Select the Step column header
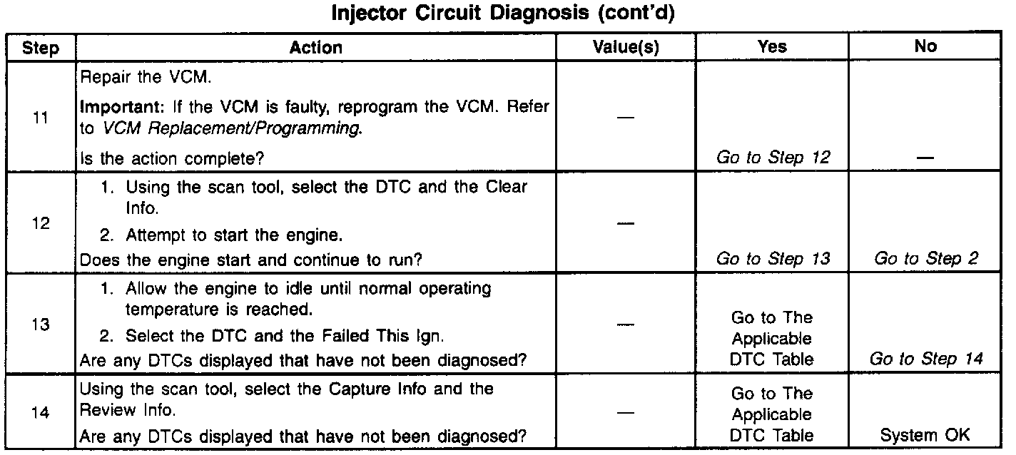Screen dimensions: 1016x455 click(41, 48)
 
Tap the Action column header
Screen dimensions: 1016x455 click(316, 48)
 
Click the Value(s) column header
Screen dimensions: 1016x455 click(626, 48)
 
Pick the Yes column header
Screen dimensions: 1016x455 click(772, 47)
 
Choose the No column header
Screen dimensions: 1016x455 click(925, 47)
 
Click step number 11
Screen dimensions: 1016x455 click(41, 118)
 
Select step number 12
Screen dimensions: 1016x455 click(41, 223)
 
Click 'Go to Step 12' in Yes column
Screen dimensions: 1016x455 click(773, 157)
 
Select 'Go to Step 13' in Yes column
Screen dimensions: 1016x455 click(773, 259)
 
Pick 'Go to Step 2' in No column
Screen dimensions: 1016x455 click(925, 259)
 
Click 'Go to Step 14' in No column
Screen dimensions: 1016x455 click(925, 359)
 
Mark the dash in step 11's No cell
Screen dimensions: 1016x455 click(925, 158)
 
